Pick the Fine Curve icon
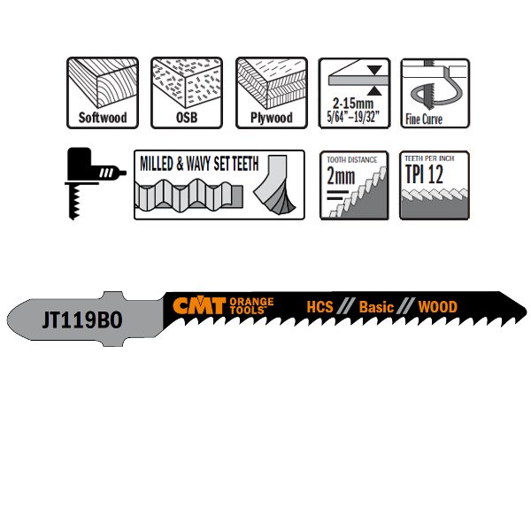(x=435, y=93)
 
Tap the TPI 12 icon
(x=435, y=184)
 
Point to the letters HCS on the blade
(x=319, y=307)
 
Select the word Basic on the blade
(x=375, y=307)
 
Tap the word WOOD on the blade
(x=438, y=307)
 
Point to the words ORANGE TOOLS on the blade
(x=251, y=306)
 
